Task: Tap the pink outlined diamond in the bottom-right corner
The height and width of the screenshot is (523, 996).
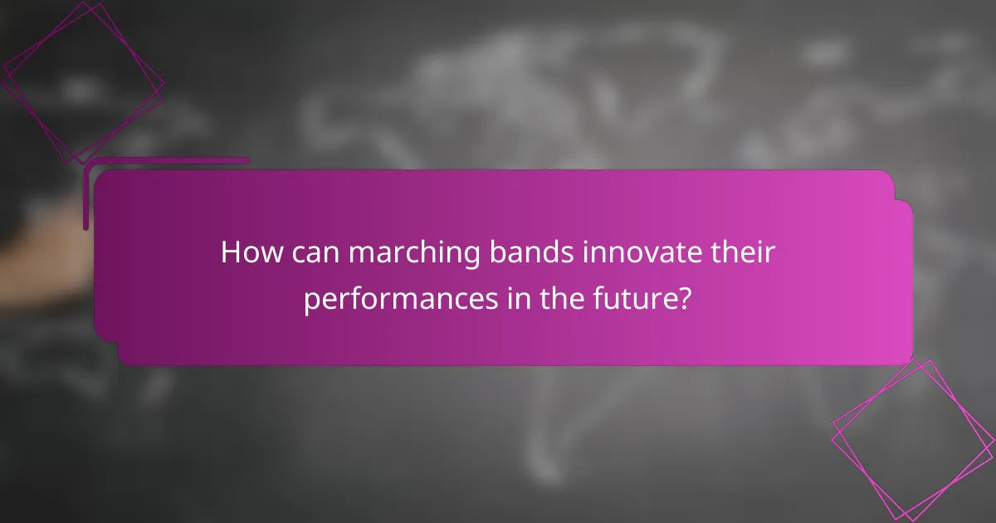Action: point(913,439)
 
